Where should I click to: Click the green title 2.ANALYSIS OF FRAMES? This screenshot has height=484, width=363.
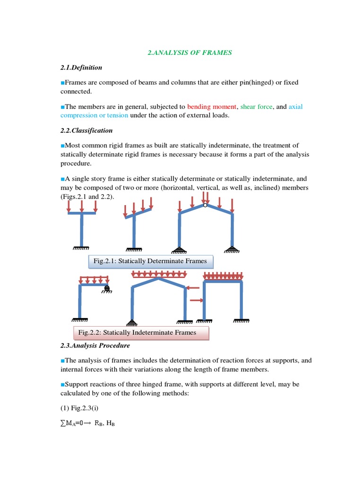(190, 52)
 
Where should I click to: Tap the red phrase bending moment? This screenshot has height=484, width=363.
(211, 107)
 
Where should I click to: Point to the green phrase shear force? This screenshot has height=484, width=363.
(256, 107)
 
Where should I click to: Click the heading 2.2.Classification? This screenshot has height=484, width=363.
(86, 130)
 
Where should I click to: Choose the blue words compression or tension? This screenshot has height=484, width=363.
(94, 115)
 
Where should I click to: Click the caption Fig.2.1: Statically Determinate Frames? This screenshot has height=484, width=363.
(150, 261)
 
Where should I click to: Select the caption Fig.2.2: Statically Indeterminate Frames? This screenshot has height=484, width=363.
(140, 332)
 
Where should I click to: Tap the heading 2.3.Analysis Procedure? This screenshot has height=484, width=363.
(95, 346)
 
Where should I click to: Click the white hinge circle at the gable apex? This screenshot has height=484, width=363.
(205, 205)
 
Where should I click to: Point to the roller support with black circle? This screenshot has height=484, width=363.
(107, 288)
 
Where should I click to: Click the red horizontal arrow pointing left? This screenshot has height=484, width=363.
(193, 286)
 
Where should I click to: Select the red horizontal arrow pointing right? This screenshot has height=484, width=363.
(196, 300)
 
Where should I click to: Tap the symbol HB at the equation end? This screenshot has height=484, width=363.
(110, 424)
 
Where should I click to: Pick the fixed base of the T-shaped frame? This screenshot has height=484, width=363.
(82, 247)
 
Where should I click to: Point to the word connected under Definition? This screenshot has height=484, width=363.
(76, 91)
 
